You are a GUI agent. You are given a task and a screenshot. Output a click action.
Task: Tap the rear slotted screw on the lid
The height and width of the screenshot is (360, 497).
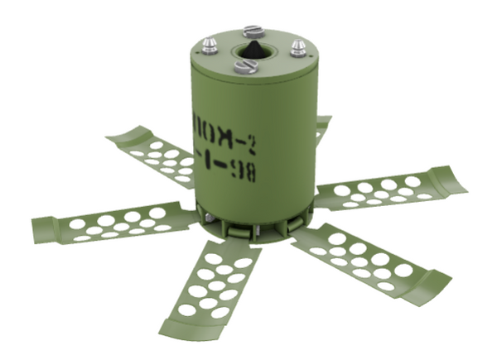pyautogui.click(x=253, y=32)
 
